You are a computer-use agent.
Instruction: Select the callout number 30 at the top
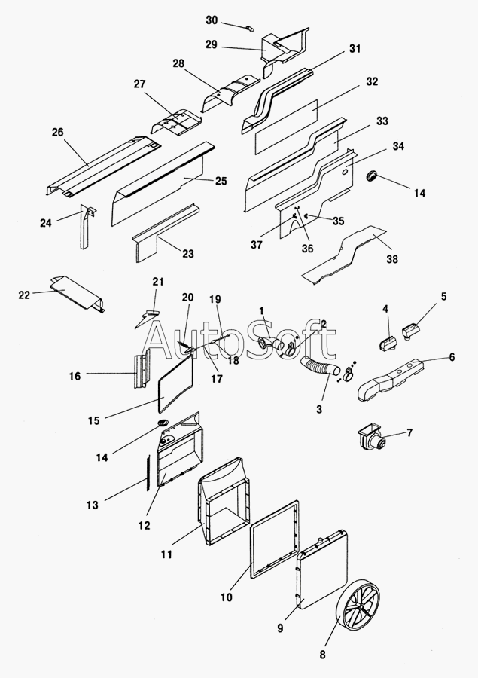coord(212,20)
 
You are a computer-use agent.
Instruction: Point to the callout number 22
coord(24,295)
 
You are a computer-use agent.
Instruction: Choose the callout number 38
coord(392,259)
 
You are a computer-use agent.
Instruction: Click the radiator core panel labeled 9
coord(321,570)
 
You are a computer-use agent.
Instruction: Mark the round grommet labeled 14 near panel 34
coord(372,175)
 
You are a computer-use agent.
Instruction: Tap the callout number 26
coord(57,132)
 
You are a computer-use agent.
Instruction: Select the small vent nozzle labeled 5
coord(413,332)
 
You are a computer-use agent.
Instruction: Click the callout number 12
coord(145,525)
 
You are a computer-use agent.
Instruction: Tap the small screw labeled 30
coord(249,29)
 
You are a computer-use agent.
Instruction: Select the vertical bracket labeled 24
coord(86,227)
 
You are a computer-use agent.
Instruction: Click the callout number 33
coord(382,121)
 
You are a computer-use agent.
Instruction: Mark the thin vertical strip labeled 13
coord(148,472)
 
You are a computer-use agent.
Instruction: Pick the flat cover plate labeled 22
coord(77,293)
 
